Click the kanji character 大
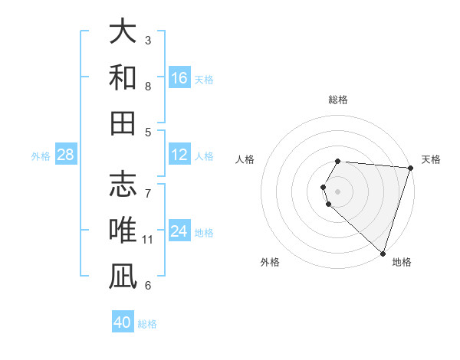123,33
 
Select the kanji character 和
123,78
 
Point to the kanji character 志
123,185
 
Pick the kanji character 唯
123,231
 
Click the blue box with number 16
179,78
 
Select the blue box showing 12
179,155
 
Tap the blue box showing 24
179,231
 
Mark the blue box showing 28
65,155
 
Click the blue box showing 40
123,322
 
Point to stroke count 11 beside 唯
148,240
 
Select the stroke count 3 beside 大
148,40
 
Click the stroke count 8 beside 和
148,87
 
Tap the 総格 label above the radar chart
338,100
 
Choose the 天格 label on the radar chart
431,159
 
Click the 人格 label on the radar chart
245,159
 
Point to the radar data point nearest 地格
383,253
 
